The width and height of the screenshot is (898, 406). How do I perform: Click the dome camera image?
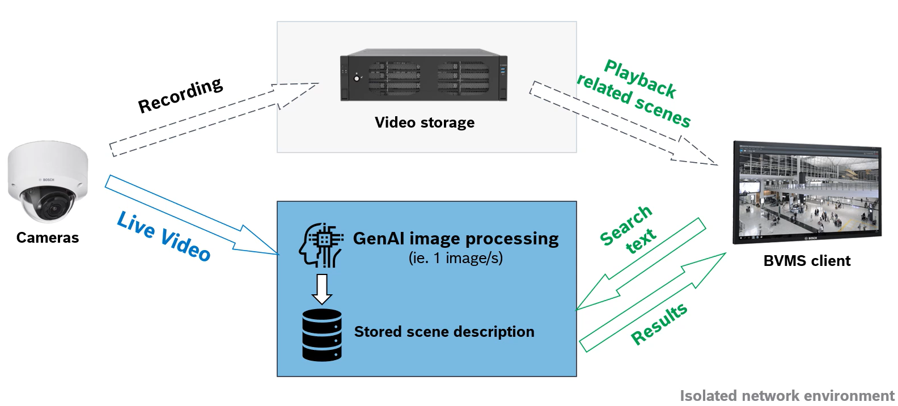[48, 181]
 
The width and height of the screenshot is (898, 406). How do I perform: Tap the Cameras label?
[48, 238]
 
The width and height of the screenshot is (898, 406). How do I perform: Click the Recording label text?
[180, 95]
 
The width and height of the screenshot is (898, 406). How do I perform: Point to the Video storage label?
[425, 122]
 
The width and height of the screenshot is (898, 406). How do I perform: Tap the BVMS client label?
[807, 261]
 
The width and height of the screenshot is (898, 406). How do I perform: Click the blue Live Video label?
[163, 236]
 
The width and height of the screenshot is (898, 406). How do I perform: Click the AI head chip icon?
[321, 245]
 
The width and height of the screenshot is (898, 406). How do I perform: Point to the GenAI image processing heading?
[456, 239]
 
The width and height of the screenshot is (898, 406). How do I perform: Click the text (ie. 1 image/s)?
[456, 259]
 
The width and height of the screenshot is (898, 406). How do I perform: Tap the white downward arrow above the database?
[322, 289]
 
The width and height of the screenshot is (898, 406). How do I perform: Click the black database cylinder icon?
[322, 335]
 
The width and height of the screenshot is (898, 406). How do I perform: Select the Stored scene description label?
[444, 332]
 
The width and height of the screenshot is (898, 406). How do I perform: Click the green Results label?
[659, 324]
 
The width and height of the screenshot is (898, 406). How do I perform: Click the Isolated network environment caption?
[787, 396]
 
